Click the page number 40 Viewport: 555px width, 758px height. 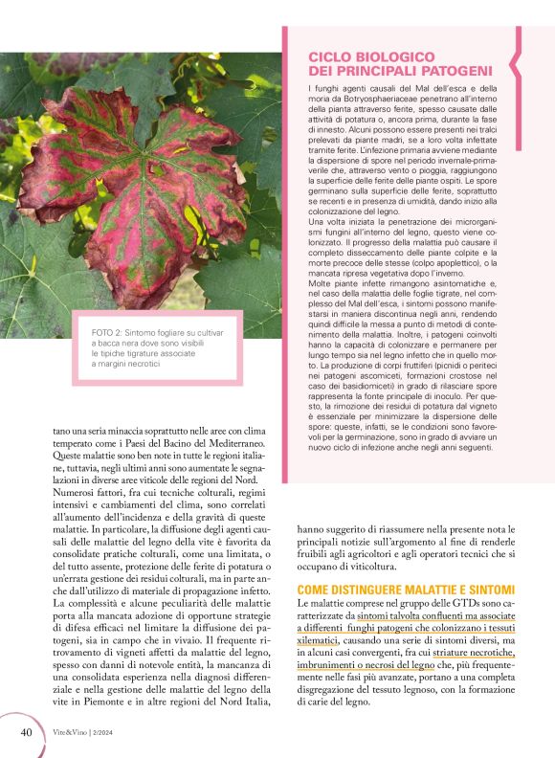[27, 733]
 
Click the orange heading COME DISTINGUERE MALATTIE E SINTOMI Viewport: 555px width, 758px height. [407, 589]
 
